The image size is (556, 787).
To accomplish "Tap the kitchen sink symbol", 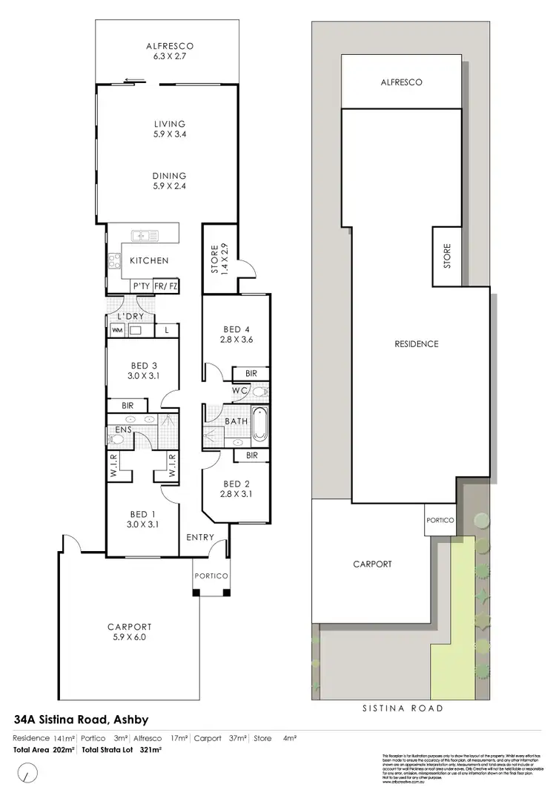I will tap(145, 237).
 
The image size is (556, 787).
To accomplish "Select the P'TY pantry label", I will tap(141, 286).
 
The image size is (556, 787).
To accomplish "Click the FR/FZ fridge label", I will tap(166, 286).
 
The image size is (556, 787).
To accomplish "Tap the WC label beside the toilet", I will tap(239, 390).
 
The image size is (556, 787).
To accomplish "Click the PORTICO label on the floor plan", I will tap(211, 576).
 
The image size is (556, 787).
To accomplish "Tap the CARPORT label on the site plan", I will tap(372, 564).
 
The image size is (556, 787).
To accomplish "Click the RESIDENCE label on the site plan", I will tap(417, 344).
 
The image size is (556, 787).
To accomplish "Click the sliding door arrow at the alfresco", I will tap(133, 81).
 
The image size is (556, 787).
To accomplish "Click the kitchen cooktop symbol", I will tap(115, 260).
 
